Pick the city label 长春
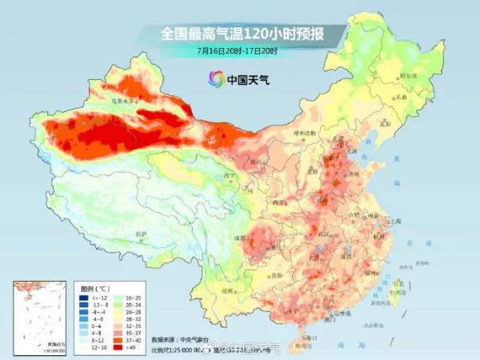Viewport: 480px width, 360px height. [402, 97]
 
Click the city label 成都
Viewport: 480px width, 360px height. [239, 238]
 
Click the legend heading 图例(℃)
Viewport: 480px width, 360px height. [95, 286]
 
